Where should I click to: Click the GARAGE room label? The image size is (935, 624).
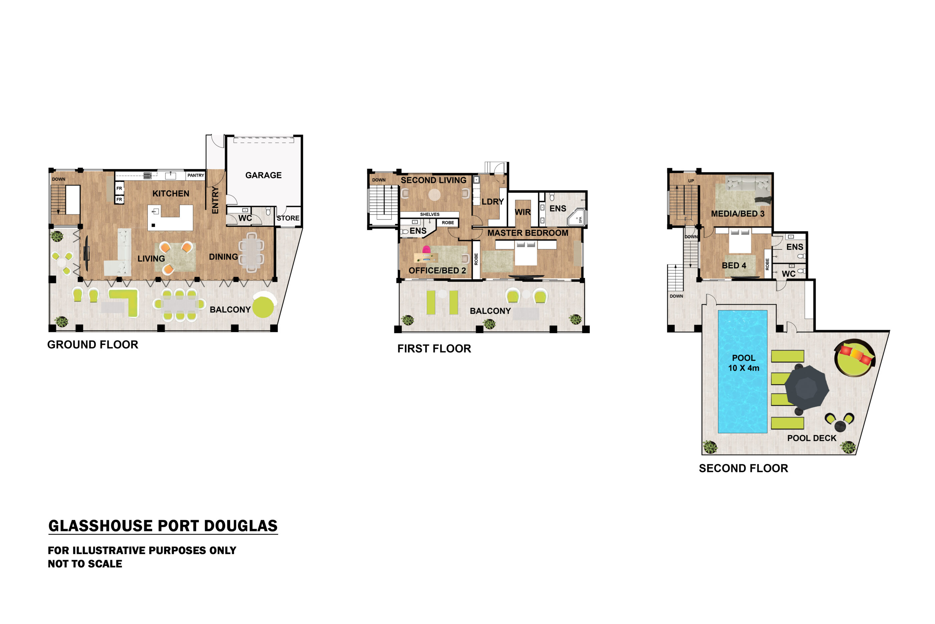click(263, 175)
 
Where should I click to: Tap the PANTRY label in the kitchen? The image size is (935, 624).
click(196, 175)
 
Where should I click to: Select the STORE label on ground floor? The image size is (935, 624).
click(288, 218)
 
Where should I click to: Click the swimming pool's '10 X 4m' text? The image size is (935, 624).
click(743, 368)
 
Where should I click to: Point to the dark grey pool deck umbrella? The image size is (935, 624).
click(806, 388)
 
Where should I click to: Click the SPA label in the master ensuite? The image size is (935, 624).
click(580, 220)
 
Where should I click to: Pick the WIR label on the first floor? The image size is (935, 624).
click(523, 212)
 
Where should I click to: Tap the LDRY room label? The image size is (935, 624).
click(493, 202)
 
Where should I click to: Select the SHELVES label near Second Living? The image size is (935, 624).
click(430, 214)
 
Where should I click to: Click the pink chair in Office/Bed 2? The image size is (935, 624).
click(426, 250)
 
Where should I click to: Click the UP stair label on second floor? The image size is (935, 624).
click(691, 181)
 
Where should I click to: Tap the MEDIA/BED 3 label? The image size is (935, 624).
click(737, 214)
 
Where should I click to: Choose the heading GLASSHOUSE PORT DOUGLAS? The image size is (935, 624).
click(163, 526)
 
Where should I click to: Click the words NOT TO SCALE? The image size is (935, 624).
click(85, 564)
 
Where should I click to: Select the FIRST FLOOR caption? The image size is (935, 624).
click(434, 349)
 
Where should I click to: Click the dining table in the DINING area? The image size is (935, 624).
click(251, 252)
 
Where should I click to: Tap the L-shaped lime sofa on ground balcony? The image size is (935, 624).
click(124, 302)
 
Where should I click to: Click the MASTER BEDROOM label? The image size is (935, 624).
click(528, 233)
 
